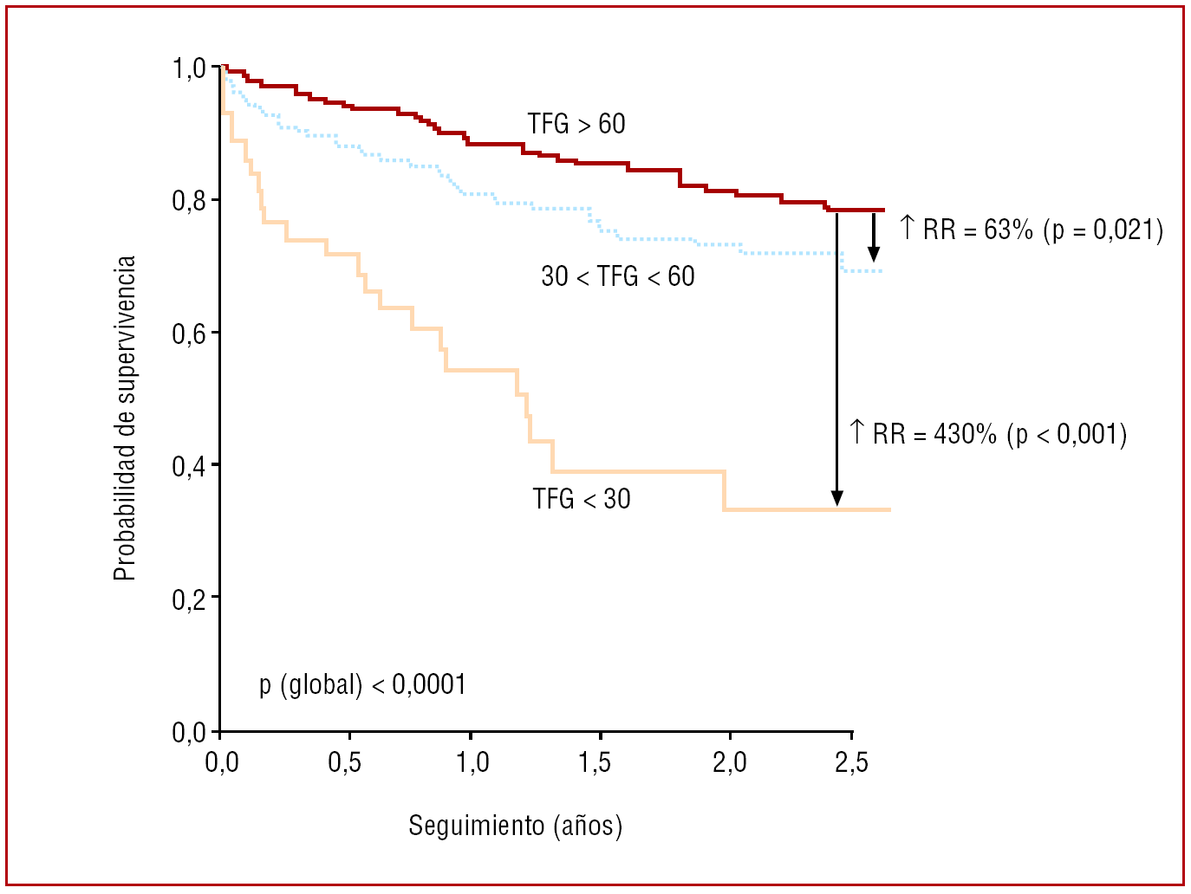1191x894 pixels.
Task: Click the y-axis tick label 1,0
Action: coord(189,68)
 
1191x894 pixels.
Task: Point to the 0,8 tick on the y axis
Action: coord(189,201)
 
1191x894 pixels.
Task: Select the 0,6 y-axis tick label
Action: coord(189,334)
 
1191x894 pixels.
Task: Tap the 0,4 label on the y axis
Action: coord(189,466)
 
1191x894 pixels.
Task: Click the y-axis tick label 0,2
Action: coord(189,599)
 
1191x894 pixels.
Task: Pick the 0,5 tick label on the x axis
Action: coord(344,762)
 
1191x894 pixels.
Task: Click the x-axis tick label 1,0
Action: coord(472,762)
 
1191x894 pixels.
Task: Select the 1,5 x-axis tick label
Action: coord(594,762)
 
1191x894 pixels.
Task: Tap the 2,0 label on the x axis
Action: coord(729,762)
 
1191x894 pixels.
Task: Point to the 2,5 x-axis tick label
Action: coord(851,762)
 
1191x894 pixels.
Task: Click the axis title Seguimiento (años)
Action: coord(516,826)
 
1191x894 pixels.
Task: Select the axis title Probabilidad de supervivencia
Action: coord(126,418)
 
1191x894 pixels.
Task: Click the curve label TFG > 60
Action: coord(576,125)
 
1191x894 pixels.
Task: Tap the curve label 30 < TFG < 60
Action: coord(618,276)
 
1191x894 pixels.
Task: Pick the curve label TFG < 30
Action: coord(582,499)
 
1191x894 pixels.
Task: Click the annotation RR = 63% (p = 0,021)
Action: coord(1032,230)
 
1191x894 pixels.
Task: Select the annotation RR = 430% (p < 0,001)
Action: coord(988,433)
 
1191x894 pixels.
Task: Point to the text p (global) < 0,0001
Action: coord(362,684)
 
